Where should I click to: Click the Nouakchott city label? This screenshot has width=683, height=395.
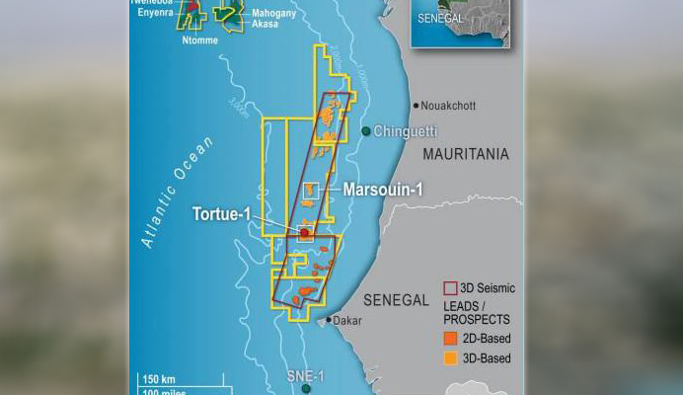454,105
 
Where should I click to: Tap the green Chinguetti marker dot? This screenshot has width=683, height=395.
366,131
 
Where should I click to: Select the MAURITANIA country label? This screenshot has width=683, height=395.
466,154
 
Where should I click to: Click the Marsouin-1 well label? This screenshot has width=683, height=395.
382,189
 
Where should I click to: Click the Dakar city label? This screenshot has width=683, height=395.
347,321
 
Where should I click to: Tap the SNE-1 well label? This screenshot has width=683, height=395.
305,376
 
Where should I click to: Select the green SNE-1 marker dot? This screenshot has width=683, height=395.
307,389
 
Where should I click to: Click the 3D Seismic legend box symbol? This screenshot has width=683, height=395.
450,288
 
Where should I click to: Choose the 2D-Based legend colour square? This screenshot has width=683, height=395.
450,339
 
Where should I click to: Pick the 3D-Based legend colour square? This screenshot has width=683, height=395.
450,358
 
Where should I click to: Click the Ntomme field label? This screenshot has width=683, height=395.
200,40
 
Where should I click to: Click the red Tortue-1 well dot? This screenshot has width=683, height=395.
305,232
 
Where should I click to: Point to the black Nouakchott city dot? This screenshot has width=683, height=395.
417,105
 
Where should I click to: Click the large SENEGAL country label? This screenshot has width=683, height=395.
396,299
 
